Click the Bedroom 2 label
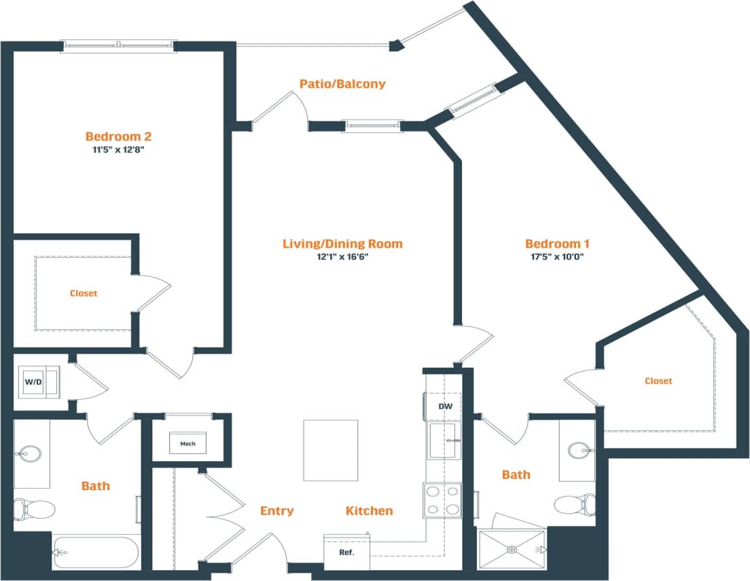click(x=115, y=135)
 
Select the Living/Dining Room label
click(x=342, y=244)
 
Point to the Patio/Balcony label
click(x=342, y=84)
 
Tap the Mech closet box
click(x=188, y=444)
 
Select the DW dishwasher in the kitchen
click(x=445, y=407)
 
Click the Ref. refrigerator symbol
click(x=346, y=552)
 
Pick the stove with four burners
click(x=443, y=500)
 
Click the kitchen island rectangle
click(x=330, y=450)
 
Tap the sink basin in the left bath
click(x=29, y=453)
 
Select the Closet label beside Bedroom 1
click(x=658, y=381)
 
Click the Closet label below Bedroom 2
click(x=84, y=293)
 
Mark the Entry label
click(x=276, y=510)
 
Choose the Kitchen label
click(x=369, y=510)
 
